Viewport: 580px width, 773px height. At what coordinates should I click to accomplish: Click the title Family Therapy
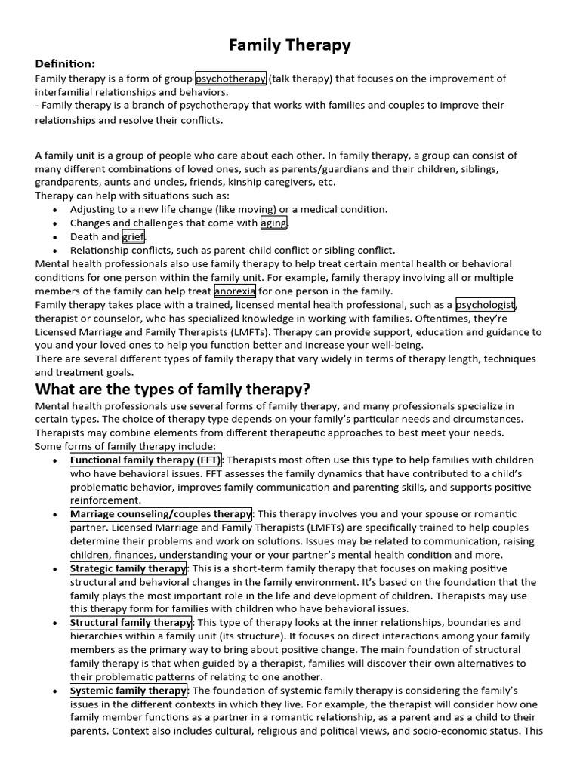pyautogui.click(x=290, y=45)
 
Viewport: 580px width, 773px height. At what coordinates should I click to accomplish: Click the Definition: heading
pyautogui.click(x=65, y=64)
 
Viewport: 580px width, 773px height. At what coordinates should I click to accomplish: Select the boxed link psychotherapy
pyautogui.click(x=230, y=79)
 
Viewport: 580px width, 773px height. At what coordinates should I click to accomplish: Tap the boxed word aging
pyautogui.click(x=273, y=223)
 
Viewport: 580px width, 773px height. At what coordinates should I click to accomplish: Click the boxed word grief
pyautogui.click(x=133, y=236)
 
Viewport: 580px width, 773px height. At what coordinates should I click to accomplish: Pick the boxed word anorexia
pyautogui.click(x=235, y=291)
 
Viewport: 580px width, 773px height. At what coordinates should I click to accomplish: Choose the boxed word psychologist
pyautogui.click(x=485, y=305)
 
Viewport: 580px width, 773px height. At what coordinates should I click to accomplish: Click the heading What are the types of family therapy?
pyautogui.click(x=173, y=390)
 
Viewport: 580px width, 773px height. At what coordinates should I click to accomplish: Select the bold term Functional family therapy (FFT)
pyautogui.click(x=146, y=460)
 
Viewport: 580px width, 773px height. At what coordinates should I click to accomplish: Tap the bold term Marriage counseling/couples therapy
pyautogui.click(x=161, y=514)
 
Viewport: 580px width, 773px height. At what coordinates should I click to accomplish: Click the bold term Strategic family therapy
pyautogui.click(x=128, y=568)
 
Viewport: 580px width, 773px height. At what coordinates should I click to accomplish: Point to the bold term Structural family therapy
pyautogui.click(x=131, y=623)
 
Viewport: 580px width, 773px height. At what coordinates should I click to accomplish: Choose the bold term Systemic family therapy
pyautogui.click(x=128, y=691)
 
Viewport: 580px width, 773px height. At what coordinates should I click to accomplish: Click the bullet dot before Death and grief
pyautogui.click(x=56, y=237)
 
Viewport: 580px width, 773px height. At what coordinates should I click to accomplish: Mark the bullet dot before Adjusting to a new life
pyautogui.click(x=56, y=210)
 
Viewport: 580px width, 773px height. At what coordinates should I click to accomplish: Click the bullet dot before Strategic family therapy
pyautogui.click(x=56, y=569)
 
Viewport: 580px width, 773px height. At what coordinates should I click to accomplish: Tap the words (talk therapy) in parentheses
pyautogui.click(x=299, y=79)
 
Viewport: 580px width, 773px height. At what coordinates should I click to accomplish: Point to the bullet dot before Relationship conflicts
pyautogui.click(x=56, y=251)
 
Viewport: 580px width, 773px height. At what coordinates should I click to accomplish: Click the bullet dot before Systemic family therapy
pyautogui.click(x=56, y=691)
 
